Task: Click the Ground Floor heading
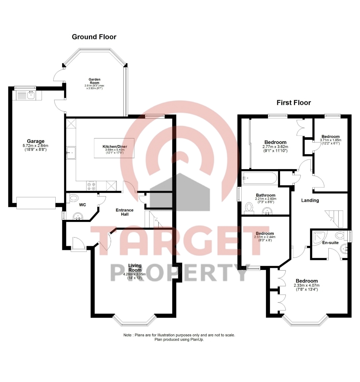point(94,37)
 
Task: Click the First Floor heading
point(294,102)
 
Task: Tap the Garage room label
point(36,141)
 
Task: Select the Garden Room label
point(94,81)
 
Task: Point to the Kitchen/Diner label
point(115,147)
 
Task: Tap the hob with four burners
point(91,186)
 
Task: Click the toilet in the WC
point(73,198)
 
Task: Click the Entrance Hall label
point(124,212)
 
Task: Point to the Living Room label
point(135,268)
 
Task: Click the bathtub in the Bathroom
point(259,178)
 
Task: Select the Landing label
point(310,200)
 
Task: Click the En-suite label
point(330,243)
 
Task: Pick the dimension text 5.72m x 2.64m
point(36,146)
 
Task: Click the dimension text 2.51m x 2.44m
point(265,237)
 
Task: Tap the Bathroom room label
point(266,195)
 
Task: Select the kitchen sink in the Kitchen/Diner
point(71,153)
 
